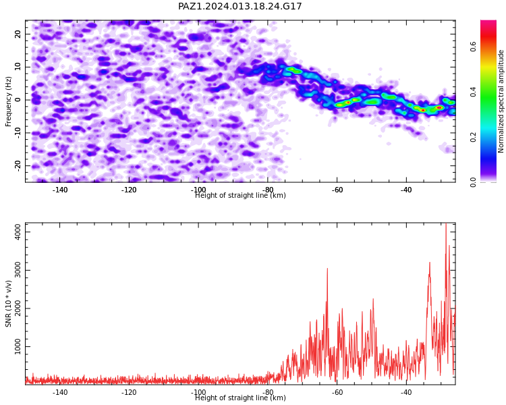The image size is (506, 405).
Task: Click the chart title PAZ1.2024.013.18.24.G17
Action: (240, 7)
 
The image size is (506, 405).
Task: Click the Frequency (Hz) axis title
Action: (8, 101)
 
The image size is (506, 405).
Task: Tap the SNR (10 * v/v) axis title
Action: (8, 304)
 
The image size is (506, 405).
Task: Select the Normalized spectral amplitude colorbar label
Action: (501, 101)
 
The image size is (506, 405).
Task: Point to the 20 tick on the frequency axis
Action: (18, 34)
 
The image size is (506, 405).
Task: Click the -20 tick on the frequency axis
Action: (18, 165)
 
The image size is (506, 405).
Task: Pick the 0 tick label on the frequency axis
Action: (18, 100)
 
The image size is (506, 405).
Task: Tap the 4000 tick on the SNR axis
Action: (18, 232)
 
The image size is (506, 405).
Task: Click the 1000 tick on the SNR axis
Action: (18, 346)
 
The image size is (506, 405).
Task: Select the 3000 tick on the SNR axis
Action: (18, 270)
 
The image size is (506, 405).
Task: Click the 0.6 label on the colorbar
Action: (473, 47)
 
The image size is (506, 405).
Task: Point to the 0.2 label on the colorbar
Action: (473, 137)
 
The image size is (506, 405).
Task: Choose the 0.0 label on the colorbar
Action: (473, 182)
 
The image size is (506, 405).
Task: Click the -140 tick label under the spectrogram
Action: (59, 190)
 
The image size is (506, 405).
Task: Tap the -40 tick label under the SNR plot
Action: (406, 392)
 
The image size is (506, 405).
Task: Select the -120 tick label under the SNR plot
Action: (129, 392)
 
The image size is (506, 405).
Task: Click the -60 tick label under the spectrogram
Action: (337, 190)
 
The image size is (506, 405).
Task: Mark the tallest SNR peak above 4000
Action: (446, 224)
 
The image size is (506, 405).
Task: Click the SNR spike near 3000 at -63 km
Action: (327, 269)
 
